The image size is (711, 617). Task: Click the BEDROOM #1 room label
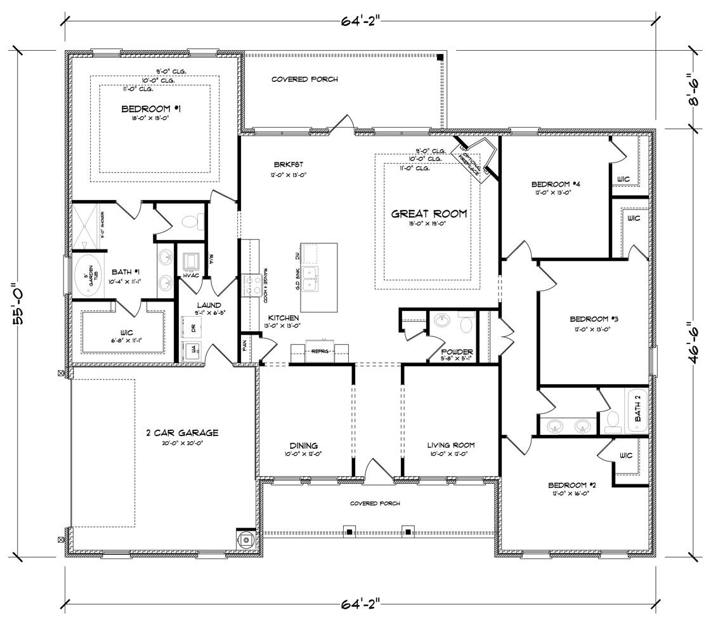pos(152,110)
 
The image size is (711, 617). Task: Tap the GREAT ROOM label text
pos(429,214)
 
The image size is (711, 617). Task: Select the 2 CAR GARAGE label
pos(182,433)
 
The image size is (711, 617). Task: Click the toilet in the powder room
pos(467,325)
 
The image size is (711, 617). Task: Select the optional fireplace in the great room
pos(478,157)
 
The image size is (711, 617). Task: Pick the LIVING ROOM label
pos(450,445)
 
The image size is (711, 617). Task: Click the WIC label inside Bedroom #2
pos(625,455)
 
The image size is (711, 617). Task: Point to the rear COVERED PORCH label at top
pos(304,79)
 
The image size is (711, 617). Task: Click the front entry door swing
pos(379,469)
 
